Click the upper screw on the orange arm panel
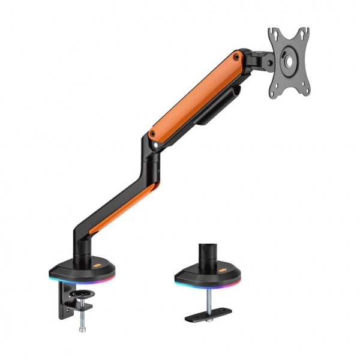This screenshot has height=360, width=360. pyautogui.click(x=238, y=57)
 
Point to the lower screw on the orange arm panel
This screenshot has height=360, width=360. pyautogui.click(x=154, y=143)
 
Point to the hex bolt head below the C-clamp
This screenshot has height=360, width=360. pyautogui.click(x=82, y=328)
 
